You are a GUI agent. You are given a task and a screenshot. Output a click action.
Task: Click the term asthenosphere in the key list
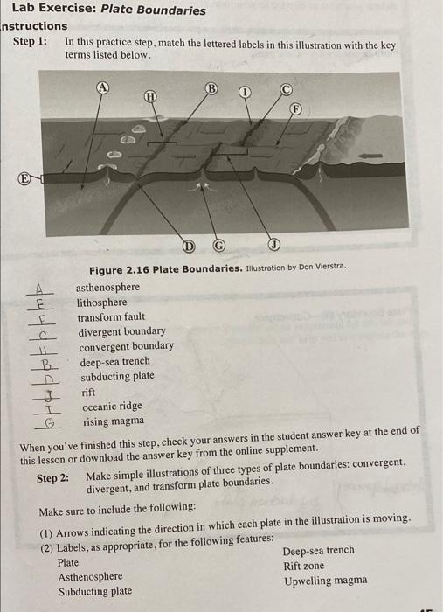pyautogui.click(x=107, y=287)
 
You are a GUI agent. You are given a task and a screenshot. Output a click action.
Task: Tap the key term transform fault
pyautogui.click(x=111, y=316)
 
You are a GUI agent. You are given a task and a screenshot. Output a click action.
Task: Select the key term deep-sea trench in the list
pyautogui.click(x=114, y=361)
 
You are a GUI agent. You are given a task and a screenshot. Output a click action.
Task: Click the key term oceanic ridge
pyautogui.click(x=111, y=407)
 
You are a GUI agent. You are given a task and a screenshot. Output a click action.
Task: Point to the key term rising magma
pyautogui.click(x=113, y=421)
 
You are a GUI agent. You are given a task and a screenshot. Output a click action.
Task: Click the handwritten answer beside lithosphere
pyautogui.click(x=40, y=303)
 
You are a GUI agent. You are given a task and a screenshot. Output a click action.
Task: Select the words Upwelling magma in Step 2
pyautogui.click(x=325, y=581)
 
